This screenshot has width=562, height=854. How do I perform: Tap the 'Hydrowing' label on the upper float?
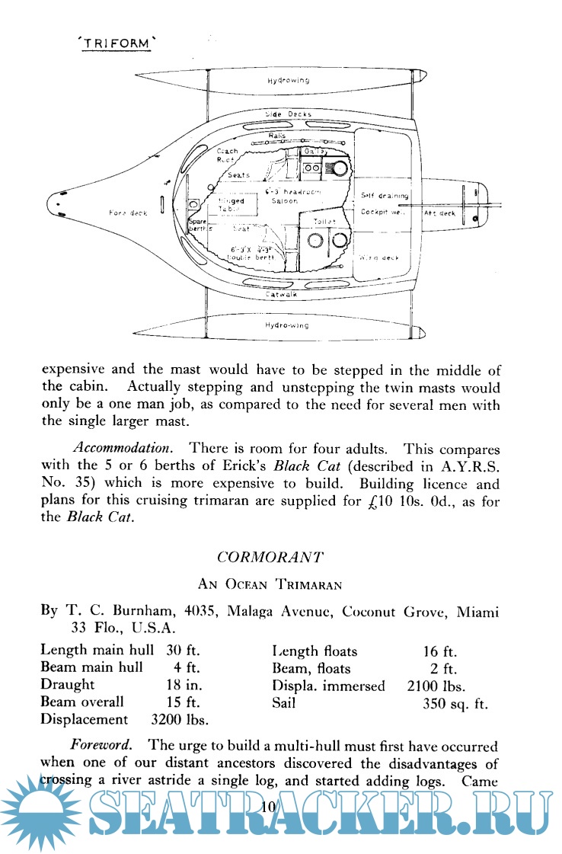[288, 80]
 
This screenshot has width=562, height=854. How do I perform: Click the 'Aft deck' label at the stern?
[439, 213]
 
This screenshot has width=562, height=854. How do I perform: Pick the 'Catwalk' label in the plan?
[282, 293]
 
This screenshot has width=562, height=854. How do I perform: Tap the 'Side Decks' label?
[288, 114]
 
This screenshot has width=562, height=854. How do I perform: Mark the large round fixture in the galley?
[339, 168]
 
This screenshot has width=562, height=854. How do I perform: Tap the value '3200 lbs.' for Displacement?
[180, 719]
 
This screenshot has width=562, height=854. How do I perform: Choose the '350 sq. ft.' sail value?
[455, 702]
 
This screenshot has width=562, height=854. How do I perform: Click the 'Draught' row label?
[69, 685]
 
